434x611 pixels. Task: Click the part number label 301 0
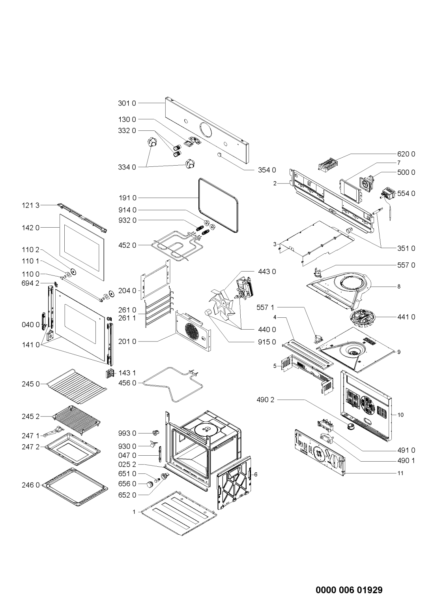127,104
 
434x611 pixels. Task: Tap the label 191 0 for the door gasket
127,198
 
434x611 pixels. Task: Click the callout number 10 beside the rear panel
400,415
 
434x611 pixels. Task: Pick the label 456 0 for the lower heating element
127,383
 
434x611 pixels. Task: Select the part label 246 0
31,485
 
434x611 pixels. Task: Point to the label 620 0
406,154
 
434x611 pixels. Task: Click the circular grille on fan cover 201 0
193,331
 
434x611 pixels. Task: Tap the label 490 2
266,400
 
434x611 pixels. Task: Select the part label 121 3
30,205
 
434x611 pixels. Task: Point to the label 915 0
267,342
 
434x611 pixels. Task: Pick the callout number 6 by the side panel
256,474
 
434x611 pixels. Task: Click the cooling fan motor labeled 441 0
362,317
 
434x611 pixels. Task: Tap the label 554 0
406,193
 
